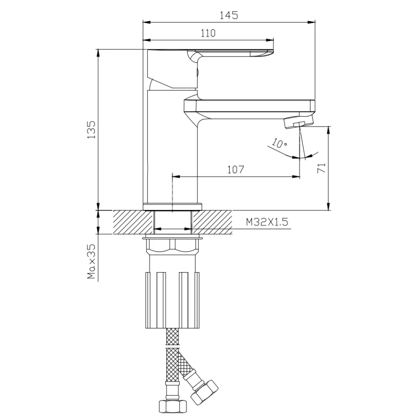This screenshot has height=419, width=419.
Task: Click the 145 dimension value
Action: [x=229, y=15]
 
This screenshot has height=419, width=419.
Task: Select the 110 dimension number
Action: [x=208, y=33]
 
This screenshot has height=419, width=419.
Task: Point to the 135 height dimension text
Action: [x=92, y=130]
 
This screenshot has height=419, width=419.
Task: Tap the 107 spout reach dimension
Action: [x=236, y=169]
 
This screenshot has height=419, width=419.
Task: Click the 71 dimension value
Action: [x=322, y=168]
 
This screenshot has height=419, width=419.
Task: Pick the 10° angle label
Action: [x=279, y=143]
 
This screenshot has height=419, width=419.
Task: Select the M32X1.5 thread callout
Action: [x=267, y=222]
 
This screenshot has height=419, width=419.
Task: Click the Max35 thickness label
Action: [x=92, y=261]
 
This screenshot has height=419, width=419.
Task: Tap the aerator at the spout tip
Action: [x=298, y=122]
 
